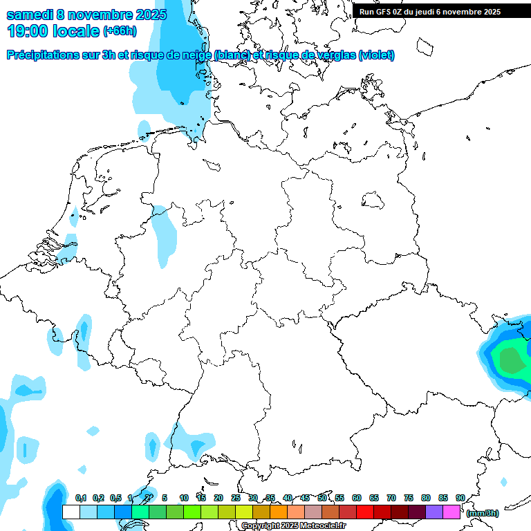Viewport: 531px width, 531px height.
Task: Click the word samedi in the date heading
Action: click(x=30, y=15)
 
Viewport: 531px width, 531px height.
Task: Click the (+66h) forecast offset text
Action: click(x=120, y=31)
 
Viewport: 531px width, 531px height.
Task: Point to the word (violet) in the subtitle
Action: click(x=376, y=55)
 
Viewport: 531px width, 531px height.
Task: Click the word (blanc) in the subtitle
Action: click(x=232, y=55)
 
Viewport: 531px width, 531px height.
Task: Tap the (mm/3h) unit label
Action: click(x=483, y=513)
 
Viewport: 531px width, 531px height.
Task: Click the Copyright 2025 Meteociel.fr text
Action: click(x=293, y=526)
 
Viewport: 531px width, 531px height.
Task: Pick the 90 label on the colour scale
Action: click(x=460, y=498)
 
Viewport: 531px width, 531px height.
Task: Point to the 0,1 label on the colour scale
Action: click(x=80, y=498)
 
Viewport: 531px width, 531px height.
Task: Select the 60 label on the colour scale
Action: click(x=356, y=498)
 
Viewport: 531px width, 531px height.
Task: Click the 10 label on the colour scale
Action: click(x=183, y=498)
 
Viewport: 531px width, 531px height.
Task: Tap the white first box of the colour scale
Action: click(x=71, y=512)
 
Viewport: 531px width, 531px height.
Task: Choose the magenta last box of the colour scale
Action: click(x=451, y=512)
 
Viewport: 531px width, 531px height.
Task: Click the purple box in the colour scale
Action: click(x=434, y=512)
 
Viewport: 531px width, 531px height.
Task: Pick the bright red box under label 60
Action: click(x=365, y=512)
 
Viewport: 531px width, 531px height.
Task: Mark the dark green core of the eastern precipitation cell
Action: click(x=511, y=360)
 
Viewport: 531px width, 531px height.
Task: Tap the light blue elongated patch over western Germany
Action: click(x=165, y=235)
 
